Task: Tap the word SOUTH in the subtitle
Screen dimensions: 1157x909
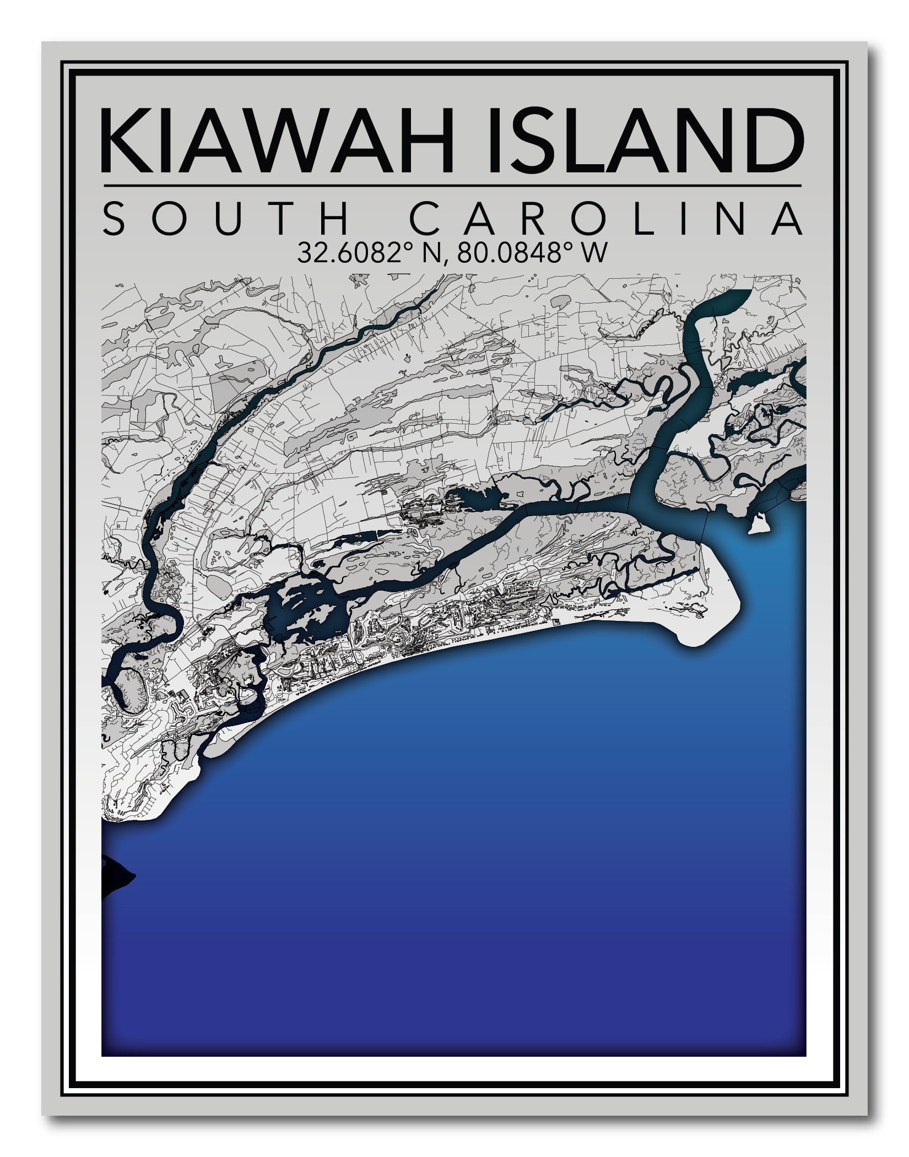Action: (226, 219)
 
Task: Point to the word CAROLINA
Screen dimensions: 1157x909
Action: (606, 219)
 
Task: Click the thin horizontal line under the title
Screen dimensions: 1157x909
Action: (452, 186)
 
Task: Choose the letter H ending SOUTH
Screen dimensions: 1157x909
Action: (333, 219)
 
